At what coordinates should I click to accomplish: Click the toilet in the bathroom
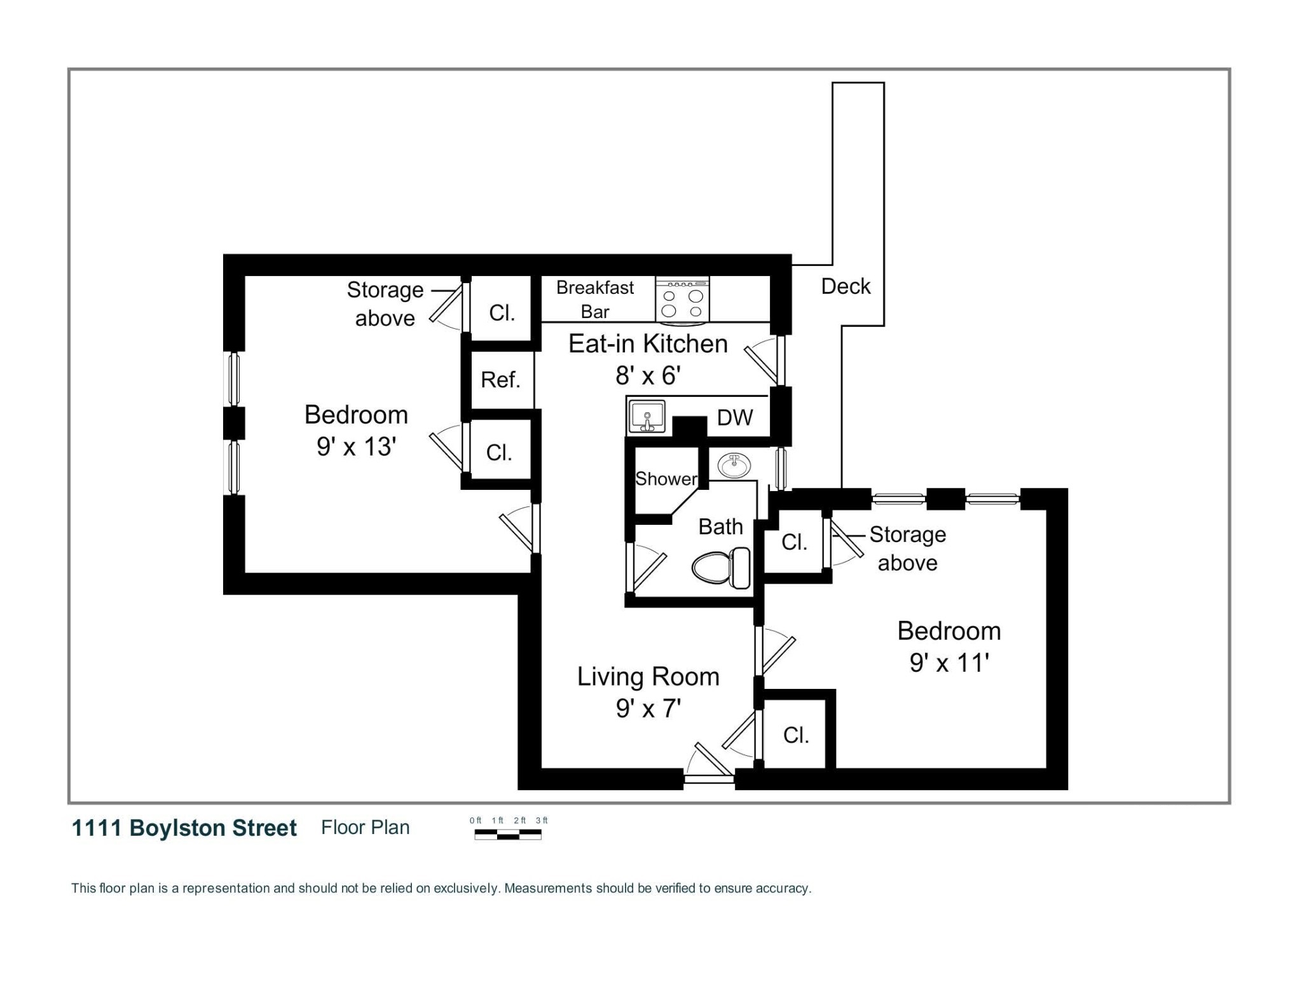720,567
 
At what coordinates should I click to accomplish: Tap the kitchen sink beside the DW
647,417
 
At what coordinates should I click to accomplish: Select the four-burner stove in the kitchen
682,300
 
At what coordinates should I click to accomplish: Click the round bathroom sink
734,466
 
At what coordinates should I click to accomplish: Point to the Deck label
845,286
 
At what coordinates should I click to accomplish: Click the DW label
734,418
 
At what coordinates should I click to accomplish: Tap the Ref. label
500,380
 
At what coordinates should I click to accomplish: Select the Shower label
666,478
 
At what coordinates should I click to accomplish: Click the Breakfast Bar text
594,300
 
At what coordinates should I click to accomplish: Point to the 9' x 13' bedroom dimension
356,447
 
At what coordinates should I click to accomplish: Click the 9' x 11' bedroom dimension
949,663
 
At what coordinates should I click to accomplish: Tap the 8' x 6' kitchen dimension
647,375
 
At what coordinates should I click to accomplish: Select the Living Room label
647,677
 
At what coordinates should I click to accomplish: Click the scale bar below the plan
507,835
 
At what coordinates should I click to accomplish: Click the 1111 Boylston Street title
184,828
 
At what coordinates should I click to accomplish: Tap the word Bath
720,527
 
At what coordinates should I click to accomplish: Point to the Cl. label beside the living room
795,735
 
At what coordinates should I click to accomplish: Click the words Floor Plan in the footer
365,828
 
